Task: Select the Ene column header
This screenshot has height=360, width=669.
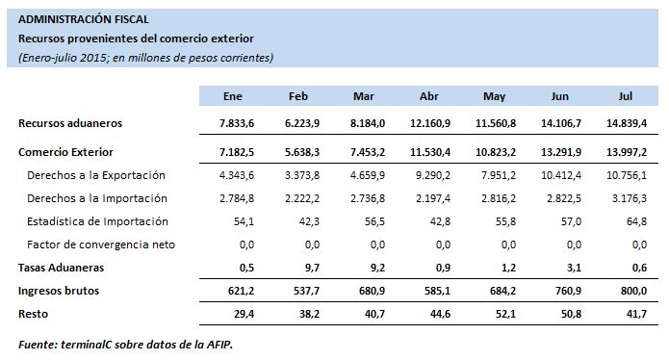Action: pos(232,96)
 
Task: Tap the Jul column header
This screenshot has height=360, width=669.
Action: pos(625,96)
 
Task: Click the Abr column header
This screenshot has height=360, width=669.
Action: pos(429,96)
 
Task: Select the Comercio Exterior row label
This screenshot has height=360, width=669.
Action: pos(65,152)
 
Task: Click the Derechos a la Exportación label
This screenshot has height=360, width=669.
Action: pos(96,175)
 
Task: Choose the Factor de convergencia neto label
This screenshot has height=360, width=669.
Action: pos(101,244)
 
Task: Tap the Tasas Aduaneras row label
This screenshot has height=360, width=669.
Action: pos(62,267)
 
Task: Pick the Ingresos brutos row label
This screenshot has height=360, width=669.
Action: pos(59,290)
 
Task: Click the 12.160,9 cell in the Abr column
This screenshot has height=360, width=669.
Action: pos(430,123)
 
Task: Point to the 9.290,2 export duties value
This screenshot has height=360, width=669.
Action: pos(431,175)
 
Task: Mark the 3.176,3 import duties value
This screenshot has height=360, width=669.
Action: pos(628,198)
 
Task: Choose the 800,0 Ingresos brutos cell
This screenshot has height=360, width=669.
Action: pos(632,290)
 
